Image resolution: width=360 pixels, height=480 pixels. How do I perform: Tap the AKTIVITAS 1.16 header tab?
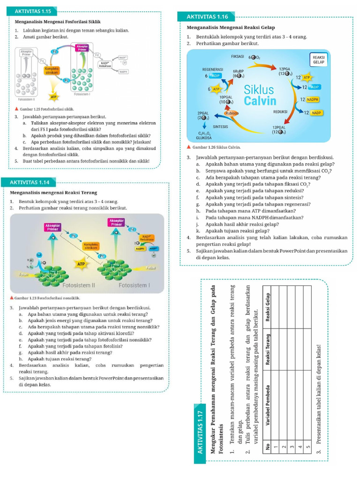(207, 17)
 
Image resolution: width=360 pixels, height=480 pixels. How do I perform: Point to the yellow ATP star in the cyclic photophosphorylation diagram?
(53, 97)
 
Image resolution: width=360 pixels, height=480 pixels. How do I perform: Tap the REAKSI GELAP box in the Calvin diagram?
(319, 60)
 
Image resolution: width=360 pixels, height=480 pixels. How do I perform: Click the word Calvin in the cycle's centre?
(260, 101)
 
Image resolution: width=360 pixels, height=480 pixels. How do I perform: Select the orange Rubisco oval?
(232, 113)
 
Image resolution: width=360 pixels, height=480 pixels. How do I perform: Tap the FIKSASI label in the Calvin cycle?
(238, 56)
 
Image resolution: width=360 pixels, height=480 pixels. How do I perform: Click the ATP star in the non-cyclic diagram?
(81, 264)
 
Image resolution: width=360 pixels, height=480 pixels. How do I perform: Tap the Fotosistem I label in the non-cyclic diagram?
(134, 285)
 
